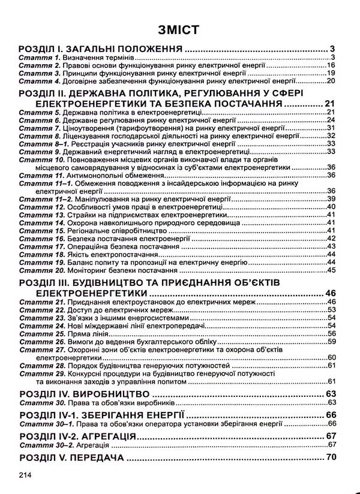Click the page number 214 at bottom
click(25, 475)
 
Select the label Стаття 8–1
click(42, 144)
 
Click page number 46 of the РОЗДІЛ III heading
click(332, 293)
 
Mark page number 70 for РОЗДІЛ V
click(332, 458)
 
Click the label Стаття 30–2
click(43, 445)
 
